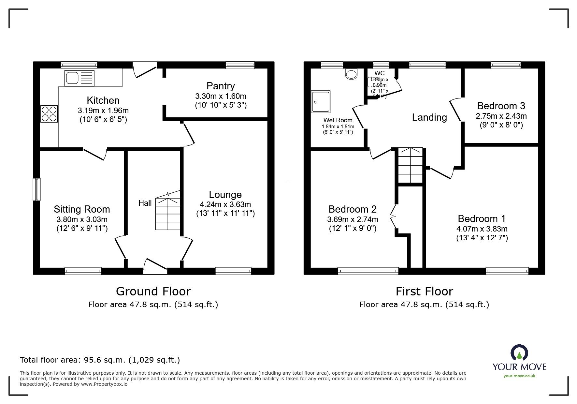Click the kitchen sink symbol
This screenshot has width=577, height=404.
coord(79,78)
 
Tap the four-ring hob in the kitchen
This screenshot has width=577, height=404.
coord(49,114)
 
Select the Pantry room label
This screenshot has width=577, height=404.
coord(221,86)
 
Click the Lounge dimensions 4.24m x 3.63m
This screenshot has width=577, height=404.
coord(225,204)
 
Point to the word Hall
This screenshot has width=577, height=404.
coord(145,203)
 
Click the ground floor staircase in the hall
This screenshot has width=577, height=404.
coord(168,214)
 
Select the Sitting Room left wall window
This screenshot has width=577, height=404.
coord(37,189)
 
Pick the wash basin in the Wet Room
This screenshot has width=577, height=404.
coord(352,74)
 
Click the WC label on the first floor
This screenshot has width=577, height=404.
coord(380,73)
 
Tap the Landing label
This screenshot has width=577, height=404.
coord(429,117)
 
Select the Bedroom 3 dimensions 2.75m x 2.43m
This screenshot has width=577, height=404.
coord(501,116)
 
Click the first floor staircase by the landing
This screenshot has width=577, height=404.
coord(410,165)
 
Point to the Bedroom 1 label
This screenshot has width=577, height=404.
coord(482,218)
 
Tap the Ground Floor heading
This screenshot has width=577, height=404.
coord(153,291)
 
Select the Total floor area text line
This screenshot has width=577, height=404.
coord(100,360)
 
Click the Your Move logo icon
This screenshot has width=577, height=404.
coord(519,353)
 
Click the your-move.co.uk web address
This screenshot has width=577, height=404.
coord(519,376)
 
